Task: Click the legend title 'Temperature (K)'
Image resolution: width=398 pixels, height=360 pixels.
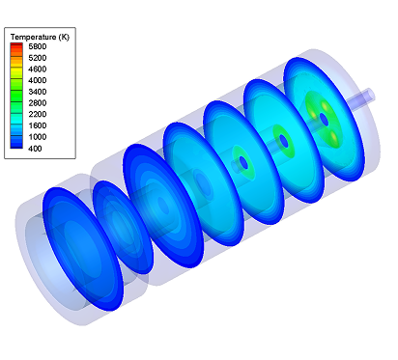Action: pos(40,37)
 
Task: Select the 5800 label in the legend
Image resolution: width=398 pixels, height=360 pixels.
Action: pos(38,46)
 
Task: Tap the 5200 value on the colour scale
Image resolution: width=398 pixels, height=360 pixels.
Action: pos(38,58)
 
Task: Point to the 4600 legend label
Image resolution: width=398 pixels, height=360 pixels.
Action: pos(38,69)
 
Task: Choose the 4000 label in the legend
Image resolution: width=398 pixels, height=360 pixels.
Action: pos(38,80)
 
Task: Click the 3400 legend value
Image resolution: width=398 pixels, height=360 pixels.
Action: pos(38,92)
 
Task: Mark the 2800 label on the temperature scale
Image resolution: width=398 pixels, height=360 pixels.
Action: pos(38,103)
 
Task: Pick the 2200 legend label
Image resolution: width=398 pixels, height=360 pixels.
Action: pos(38,114)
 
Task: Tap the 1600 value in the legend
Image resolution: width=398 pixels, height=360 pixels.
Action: pos(38,125)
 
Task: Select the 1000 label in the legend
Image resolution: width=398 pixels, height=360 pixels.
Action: pos(38,137)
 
